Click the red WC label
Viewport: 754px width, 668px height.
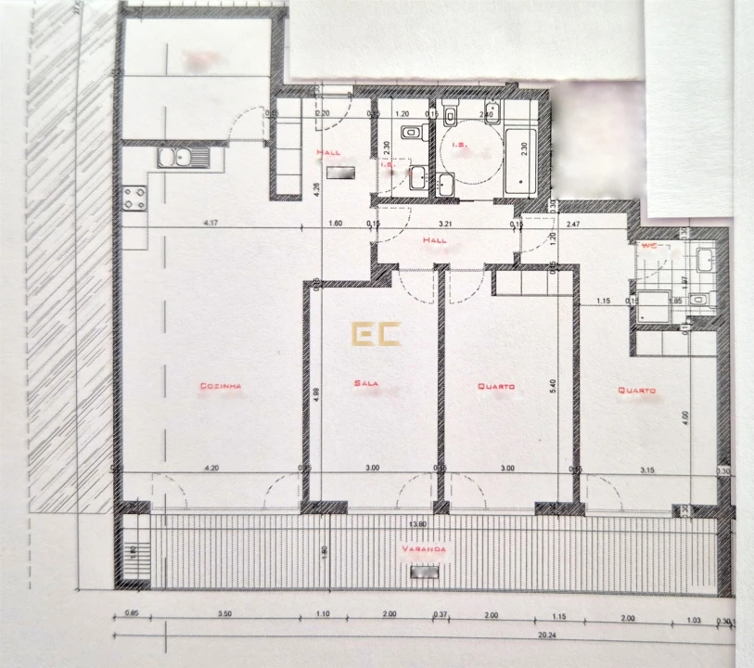[649, 246]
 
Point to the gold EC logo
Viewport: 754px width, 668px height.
[376, 333]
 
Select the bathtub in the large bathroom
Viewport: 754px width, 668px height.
[521, 162]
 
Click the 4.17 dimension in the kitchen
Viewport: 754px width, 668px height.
[217, 223]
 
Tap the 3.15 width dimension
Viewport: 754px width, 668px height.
[648, 469]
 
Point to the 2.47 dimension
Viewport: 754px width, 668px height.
[573, 224]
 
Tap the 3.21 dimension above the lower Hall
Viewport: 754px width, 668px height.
[445, 224]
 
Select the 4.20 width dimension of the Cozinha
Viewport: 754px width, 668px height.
[212, 469]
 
